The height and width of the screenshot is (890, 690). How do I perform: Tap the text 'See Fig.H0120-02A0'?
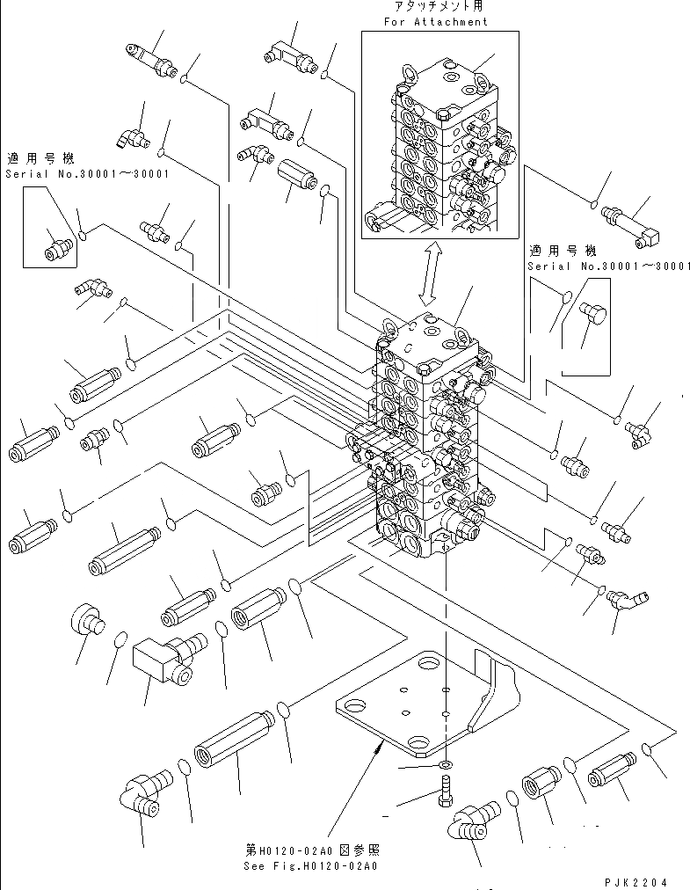point(310,865)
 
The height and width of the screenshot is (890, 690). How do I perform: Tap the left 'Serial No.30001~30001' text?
point(87,173)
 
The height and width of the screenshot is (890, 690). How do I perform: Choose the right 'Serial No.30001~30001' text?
point(608,266)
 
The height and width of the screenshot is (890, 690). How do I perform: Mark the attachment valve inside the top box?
point(439,145)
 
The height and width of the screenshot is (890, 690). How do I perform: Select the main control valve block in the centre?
point(428,440)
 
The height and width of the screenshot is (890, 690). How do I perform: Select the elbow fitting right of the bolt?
point(474,823)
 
